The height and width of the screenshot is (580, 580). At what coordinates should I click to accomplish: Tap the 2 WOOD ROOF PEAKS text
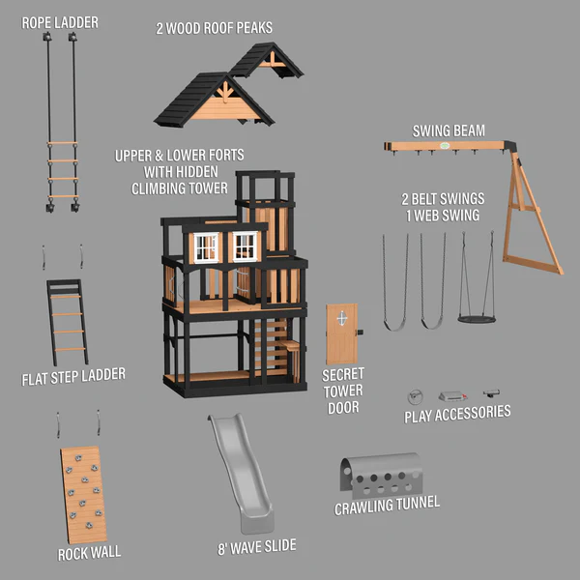pyautogui.click(x=215, y=27)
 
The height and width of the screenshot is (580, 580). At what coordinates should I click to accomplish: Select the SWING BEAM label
pyautogui.click(x=449, y=130)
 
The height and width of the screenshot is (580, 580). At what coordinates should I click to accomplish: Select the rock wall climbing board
pyautogui.click(x=85, y=493)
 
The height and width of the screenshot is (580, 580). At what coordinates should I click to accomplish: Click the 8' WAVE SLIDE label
pyautogui.click(x=256, y=547)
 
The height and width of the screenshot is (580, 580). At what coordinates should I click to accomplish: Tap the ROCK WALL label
pyautogui.click(x=89, y=553)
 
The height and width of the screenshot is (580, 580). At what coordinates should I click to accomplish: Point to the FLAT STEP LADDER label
pyautogui.click(x=73, y=375)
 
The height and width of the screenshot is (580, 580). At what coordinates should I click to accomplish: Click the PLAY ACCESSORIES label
pyautogui.click(x=457, y=414)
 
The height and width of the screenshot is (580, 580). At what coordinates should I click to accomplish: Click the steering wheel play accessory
pyautogui.click(x=416, y=395)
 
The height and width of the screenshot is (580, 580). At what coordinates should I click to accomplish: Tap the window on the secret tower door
pyautogui.click(x=339, y=318)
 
